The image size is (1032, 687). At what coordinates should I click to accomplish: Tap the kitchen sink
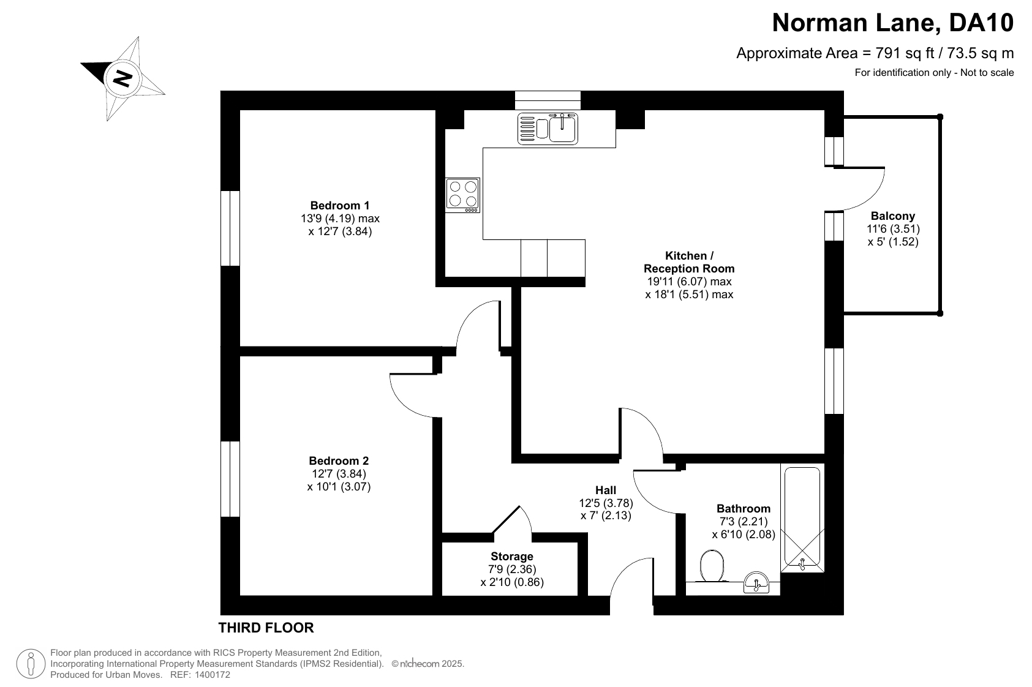548,129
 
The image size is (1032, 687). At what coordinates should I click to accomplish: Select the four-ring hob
462,195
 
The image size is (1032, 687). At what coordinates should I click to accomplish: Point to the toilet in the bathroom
712,566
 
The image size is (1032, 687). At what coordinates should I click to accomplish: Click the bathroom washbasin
756,582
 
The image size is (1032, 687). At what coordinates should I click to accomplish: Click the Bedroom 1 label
339,205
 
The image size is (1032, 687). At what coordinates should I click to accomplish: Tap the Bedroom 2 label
339,460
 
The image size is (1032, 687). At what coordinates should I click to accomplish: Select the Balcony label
893,216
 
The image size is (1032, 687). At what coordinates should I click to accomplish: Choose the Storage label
512,556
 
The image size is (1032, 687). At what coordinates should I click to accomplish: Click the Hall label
605,490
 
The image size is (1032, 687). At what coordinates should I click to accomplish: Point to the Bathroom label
743,508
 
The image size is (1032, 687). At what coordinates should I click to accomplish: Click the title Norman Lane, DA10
893,23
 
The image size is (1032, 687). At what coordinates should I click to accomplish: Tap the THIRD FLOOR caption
266,628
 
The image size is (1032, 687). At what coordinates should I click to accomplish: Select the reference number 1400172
213,675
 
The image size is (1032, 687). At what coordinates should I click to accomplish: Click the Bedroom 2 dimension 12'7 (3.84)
339,474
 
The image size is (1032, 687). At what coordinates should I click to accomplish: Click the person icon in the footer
31,664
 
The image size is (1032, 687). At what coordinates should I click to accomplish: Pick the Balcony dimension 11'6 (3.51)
893,229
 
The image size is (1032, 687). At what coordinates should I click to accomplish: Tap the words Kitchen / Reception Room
689,262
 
